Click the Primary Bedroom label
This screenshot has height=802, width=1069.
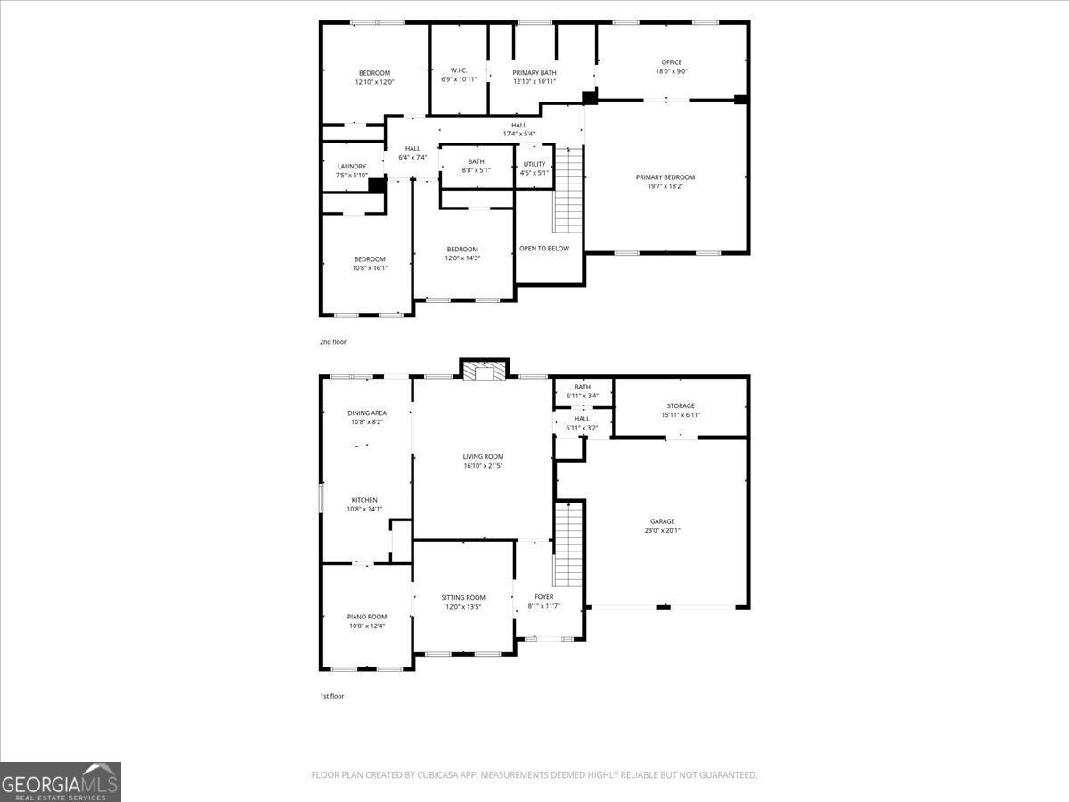665,177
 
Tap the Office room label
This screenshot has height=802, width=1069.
672,62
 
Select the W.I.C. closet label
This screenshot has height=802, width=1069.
459,70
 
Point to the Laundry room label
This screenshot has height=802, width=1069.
352,167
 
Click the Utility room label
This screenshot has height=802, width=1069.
534,164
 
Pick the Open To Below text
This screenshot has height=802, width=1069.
544,249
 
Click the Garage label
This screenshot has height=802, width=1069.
663,521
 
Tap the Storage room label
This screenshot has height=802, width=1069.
681,405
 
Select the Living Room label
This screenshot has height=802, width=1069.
483,457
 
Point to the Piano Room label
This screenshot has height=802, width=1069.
367,617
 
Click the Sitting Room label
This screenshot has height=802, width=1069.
463,597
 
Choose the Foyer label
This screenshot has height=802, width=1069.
544,596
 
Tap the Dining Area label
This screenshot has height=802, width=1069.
367,413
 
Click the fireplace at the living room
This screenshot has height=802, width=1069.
485,370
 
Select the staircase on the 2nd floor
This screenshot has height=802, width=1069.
568,190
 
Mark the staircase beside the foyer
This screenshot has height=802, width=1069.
568,544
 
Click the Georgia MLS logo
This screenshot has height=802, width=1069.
61,782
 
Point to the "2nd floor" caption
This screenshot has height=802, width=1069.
333,342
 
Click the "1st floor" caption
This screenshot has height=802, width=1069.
331,696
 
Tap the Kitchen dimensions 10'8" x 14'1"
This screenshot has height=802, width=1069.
364,510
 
